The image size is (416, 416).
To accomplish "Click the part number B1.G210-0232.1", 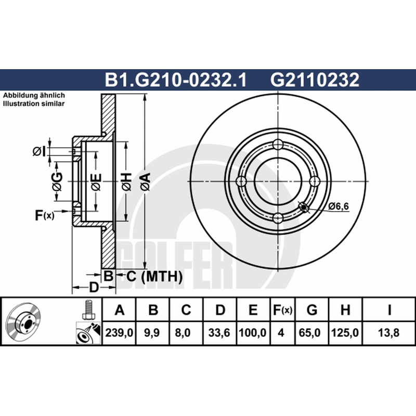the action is pyautogui.click(x=176, y=80).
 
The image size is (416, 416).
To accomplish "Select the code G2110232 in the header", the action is pyautogui.click(x=315, y=80).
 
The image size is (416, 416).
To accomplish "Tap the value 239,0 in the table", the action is pyautogui.click(x=119, y=333).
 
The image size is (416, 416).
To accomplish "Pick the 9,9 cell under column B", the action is pyautogui.click(x=152, y=333).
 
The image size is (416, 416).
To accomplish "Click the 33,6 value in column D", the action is pyautogui.click(x=219, y=333).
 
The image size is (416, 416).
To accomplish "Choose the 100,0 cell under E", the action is pyautogui.click(x=253, y=333).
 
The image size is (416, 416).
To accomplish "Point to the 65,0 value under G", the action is pyautogui.click(x=309, y=333).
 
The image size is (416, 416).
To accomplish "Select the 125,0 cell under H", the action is pyautogui.click(x=345, y=333).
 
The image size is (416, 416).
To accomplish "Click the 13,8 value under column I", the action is pyautogui.click(x=388, y=333).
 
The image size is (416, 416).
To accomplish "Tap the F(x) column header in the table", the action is pyautogui.click(x=282, y=310).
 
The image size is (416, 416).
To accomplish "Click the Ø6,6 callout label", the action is pyautogui.click(x=339, y=206).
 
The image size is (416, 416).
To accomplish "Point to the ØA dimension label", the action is pyautogui.click(x=146, y=181).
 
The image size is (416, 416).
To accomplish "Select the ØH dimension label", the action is pyautogui.click(x=126, y=181).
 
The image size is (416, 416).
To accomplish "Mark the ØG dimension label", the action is pyautogui.click(x=57, y=181).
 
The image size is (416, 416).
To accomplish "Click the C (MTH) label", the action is pyautogui.click(x=154, y=277).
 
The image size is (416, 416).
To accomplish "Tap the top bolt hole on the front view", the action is pyautogui.click(x=278, y=145).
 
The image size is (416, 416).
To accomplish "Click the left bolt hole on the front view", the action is pyautogui.click(x=241, y=181).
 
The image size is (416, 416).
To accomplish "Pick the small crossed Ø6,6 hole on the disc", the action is pyautogui.click(x=304, y=206).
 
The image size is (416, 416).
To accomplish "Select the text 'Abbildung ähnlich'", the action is pyautogui.click(x=34, y=96).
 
